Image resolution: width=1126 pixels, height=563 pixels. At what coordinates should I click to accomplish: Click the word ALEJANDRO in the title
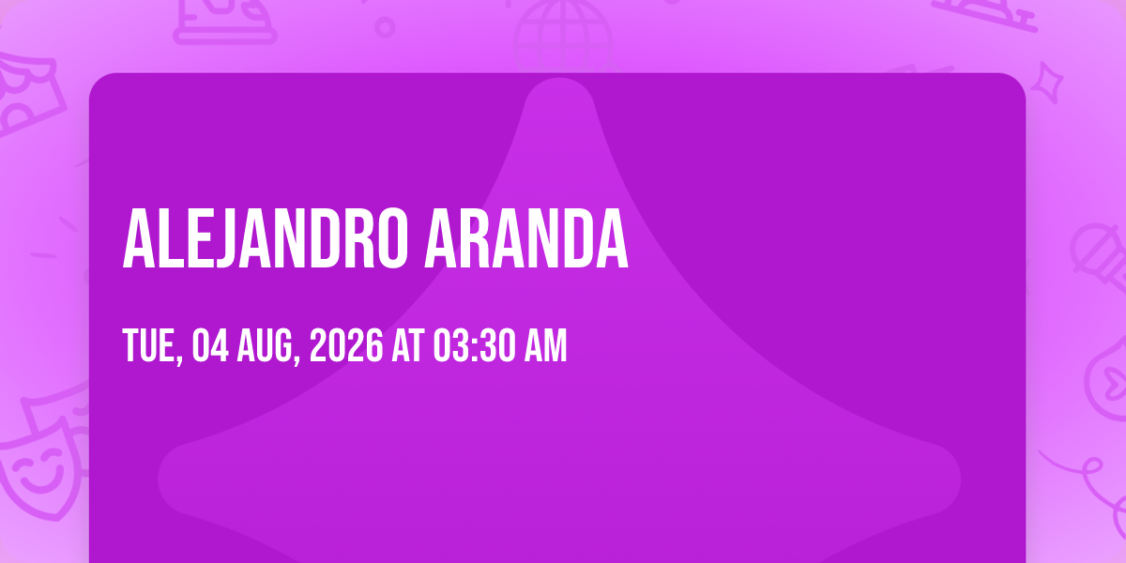[x=265, y=238]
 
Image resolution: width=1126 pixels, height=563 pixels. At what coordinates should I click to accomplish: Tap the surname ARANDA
[x=526, y=238]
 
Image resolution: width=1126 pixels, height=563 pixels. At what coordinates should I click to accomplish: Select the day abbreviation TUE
[x=152, y=345]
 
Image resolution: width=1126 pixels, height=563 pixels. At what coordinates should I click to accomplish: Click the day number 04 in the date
[x=210, y=345]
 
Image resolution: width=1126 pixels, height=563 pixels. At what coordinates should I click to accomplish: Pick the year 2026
[x=346, y=345]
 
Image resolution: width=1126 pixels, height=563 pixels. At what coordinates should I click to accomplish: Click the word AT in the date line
[x=407, y=345]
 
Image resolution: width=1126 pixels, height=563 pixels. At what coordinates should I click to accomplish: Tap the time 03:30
[x=475, y=345]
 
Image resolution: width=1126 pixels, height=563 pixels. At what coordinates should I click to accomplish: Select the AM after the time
[x=545, y=345]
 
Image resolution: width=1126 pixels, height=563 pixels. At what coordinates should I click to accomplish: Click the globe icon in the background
[x=563, y=36]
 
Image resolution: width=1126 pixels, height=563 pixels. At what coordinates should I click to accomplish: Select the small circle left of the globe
[x=385, y=27]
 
